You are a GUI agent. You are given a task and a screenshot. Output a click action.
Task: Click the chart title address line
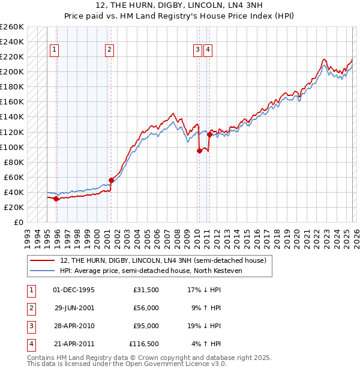(x=179, y=5)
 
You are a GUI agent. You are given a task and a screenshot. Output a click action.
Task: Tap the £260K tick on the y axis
(x=12, y=27)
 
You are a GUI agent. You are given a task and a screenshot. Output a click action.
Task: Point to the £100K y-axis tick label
(x=12, y=147)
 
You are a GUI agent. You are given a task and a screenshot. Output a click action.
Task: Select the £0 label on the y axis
(x=18, y=222)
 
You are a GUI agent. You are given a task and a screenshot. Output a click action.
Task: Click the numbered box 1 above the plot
(x=55, y=50)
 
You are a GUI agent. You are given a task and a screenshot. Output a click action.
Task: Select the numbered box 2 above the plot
(x=109, y=50)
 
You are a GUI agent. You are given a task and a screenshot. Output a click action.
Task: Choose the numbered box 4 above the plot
(x=208, y=50)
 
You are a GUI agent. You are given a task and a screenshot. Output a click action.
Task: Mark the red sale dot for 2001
(x=112, y=180)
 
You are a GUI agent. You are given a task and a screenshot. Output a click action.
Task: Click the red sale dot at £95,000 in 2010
(x=199, y=151)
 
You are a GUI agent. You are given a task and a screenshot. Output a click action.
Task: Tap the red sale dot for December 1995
(x=56, y=199)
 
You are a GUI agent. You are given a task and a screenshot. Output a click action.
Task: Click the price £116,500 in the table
(x=144, y=344)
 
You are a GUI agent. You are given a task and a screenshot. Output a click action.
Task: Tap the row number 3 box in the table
(x=31, y=326)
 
